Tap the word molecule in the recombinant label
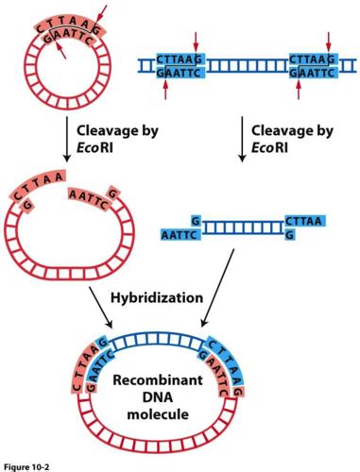[x=162, y=413]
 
